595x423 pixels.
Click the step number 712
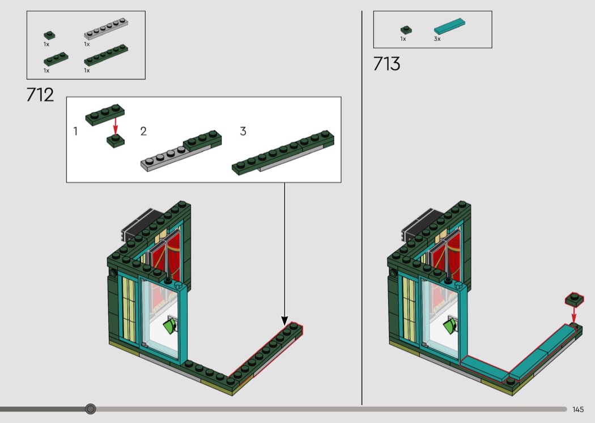[40, 95]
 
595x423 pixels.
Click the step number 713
[386, 64]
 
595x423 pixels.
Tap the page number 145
[578, 409]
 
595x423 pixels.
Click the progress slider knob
[90, 409]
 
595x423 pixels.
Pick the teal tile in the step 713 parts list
[450, 26]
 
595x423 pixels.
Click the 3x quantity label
[437, 39]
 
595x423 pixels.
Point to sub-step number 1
[75, 132]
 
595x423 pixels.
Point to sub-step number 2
[143, 132]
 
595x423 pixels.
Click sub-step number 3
[243, 132]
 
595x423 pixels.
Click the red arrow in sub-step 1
[116, 126]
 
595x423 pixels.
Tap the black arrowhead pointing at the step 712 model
[284, 320]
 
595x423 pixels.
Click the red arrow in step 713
[573, 314]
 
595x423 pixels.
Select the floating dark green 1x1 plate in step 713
[574, 299]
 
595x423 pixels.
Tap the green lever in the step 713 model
[451, 326]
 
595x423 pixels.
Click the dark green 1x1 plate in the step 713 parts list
[406, 30]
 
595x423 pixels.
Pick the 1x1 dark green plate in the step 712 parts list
[49, 36]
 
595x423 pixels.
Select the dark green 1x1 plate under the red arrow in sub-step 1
[116, 141]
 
